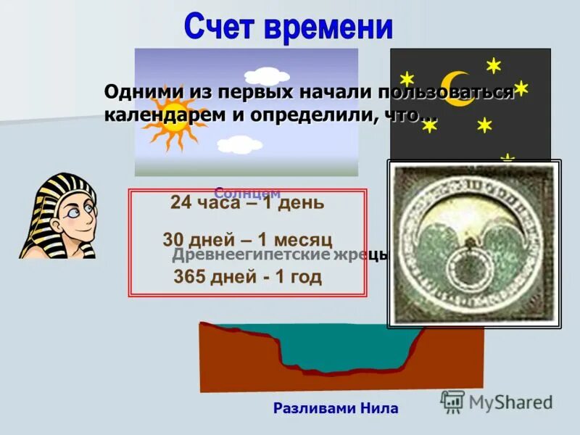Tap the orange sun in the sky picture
[175, 117]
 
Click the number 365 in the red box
[189, 277]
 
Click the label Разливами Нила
[336, 408]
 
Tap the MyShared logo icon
[452, 402]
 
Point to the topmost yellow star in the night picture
[494, 66]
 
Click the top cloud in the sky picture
[262, 75]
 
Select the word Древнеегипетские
[251, 256]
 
